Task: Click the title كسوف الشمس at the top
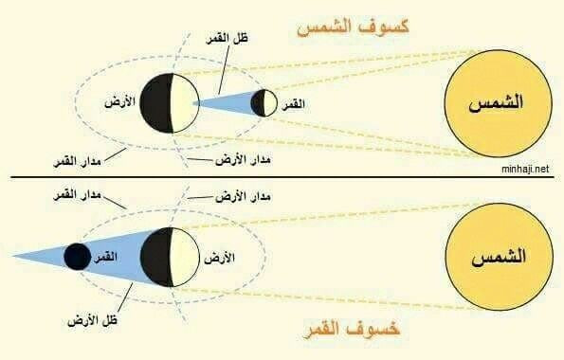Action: (353, 27)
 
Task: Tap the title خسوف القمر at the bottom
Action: (352, 329)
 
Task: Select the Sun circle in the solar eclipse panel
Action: (499, 103)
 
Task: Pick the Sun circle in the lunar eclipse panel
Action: (500, 257)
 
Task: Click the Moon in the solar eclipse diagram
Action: (264, 103)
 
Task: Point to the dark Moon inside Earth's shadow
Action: (78, 257)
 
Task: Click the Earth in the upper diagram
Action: (170, 103)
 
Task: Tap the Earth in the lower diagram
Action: (170, 257)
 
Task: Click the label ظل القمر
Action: (227, 39)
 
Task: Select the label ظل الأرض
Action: (93, 320)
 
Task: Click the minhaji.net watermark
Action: (525, 169)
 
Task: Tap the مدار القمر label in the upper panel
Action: (77, 161)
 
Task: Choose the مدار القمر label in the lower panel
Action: (77, 196)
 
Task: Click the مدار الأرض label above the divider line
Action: (244, 159)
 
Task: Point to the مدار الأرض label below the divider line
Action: (244, 196)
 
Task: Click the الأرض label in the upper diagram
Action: (119, 102)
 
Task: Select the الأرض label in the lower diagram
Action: (219, 258)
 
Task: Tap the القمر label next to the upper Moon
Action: (294, 104)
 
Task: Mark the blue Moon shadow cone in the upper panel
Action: (227, 103)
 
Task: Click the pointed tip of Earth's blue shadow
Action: (12, 257)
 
